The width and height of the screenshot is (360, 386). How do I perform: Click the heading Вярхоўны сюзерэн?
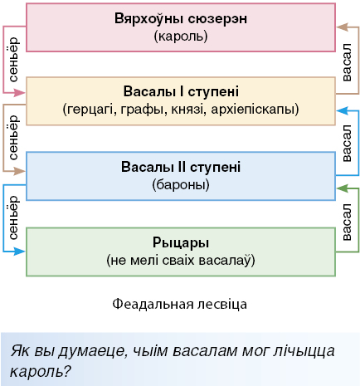coord(181,18)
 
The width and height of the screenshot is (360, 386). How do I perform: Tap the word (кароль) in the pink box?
coord(181,37)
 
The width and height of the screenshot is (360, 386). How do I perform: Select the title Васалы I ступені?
coord(181,91)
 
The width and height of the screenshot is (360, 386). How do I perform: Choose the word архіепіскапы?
coord(255,110)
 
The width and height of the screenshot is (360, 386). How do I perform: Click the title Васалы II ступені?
coord(181,167)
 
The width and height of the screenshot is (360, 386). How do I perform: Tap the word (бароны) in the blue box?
coord(181,185)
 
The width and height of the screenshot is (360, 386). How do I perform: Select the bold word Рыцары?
coord(181,243)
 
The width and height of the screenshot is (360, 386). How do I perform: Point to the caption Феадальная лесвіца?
coord(180,304)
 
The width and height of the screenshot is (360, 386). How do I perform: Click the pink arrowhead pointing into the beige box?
coord(20,93)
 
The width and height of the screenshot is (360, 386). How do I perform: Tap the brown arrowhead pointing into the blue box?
coord(20,171)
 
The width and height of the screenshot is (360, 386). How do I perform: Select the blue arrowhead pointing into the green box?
coord(20,252)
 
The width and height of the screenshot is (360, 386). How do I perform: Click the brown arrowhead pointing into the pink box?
coord(342,27)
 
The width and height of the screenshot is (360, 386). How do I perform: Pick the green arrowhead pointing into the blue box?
coord(342,188)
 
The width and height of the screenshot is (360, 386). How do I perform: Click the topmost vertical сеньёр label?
coord(13,60)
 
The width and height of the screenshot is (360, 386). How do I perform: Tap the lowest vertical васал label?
coord(347,222)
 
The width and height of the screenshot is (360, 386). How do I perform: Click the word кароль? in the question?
coord(41,371)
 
